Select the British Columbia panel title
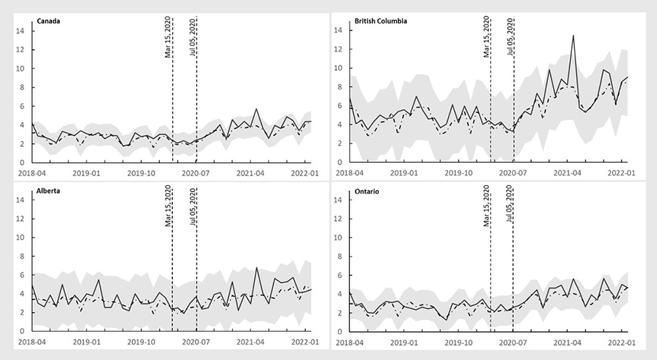[x=380, y=20]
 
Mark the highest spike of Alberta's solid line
[x=256, y=267]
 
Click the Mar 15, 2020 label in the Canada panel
[x=168, y=37]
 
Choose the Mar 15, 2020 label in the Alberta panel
[x=168, y=207]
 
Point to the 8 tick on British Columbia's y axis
[x=338, y=87]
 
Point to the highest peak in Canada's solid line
[x=256, y=109]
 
